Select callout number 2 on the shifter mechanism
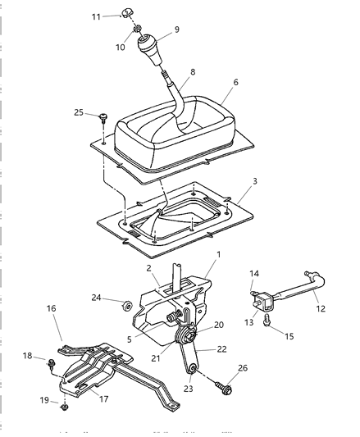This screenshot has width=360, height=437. click(x=149, y=268)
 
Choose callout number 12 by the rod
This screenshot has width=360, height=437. click(x=321, y=308)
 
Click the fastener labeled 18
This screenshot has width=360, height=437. click(x=52, y=361)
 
